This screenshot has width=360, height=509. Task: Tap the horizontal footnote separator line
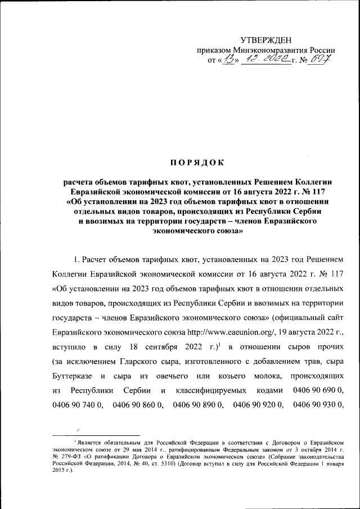96,435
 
